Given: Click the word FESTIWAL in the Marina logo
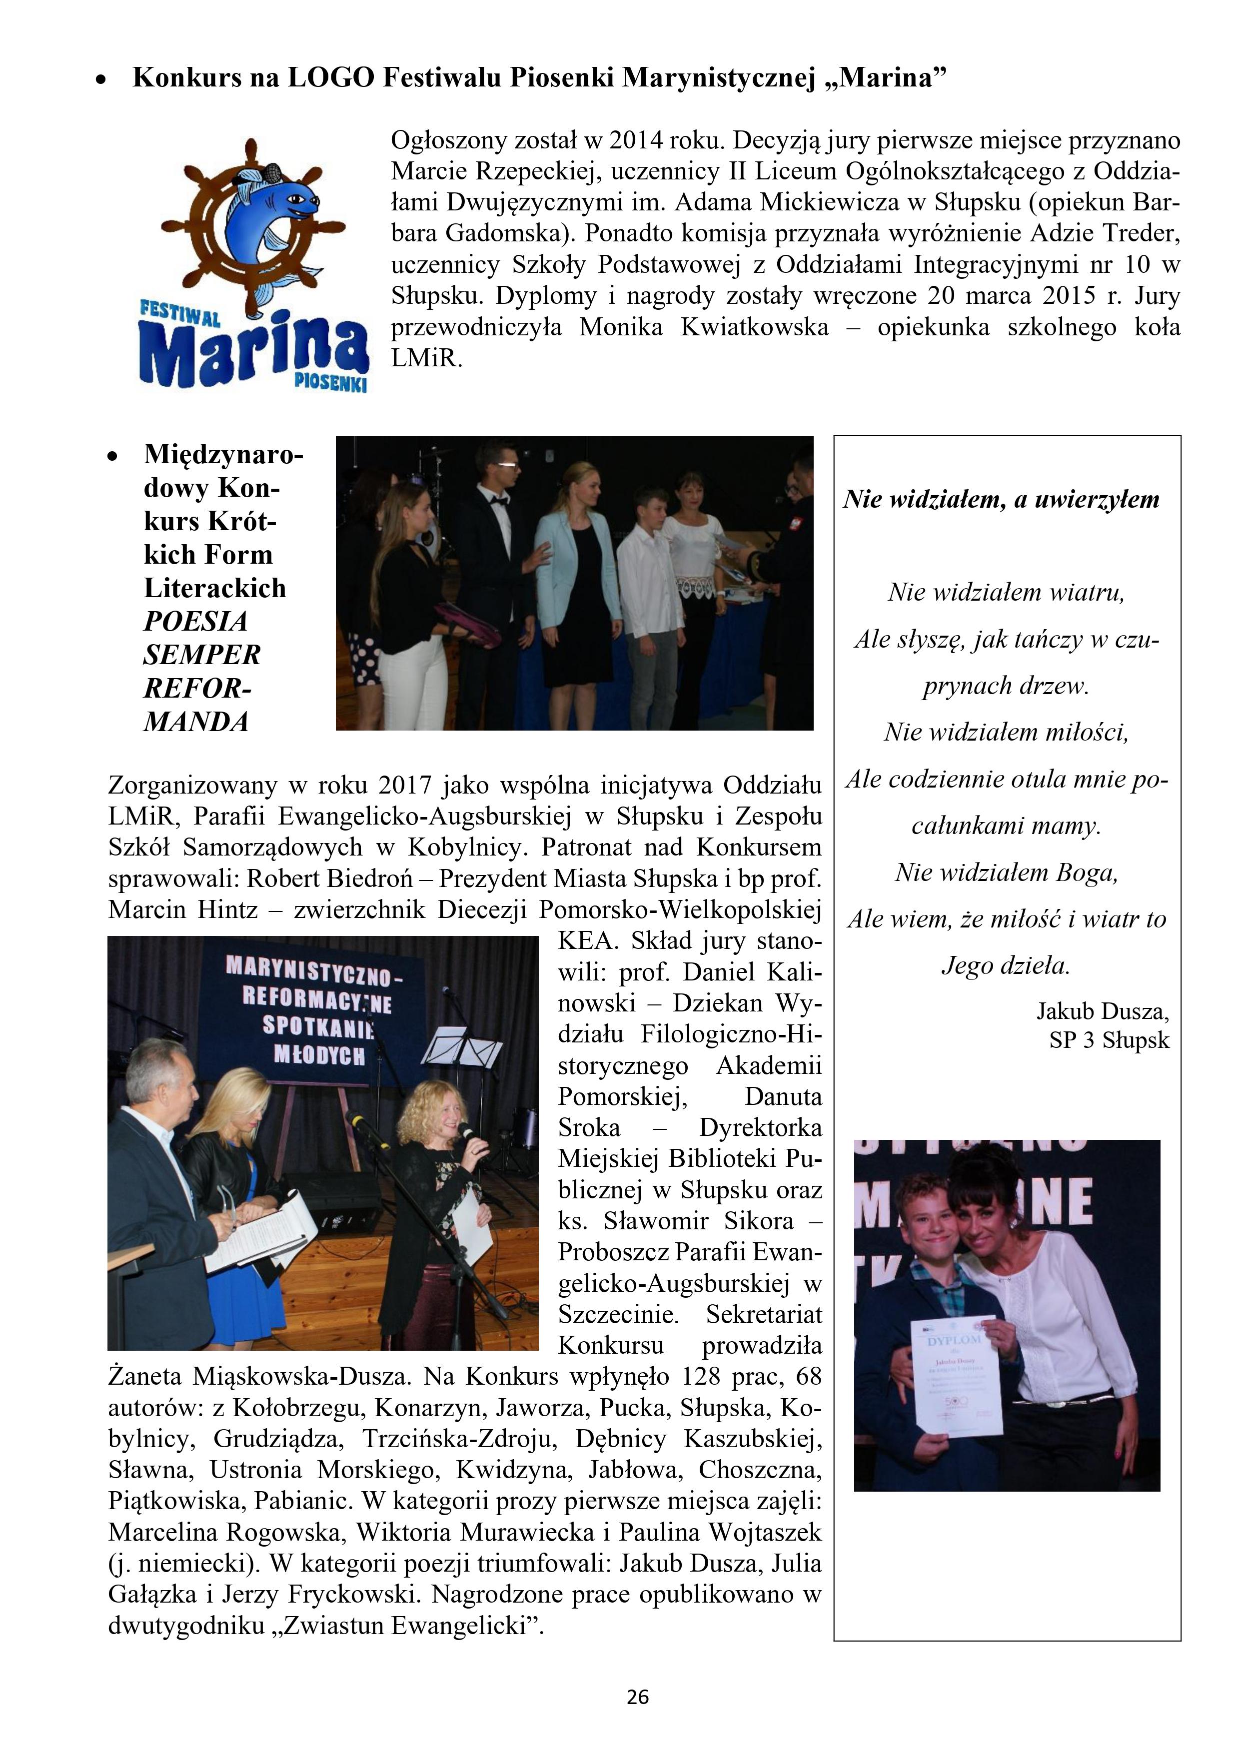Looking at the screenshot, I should click(x=179, y=313).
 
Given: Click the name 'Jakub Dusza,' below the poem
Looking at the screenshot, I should click(x=1102, y=1011).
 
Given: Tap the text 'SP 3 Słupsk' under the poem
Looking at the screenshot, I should click(x=1109, y=1040).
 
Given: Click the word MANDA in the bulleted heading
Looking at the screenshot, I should click(x=196, y=722).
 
